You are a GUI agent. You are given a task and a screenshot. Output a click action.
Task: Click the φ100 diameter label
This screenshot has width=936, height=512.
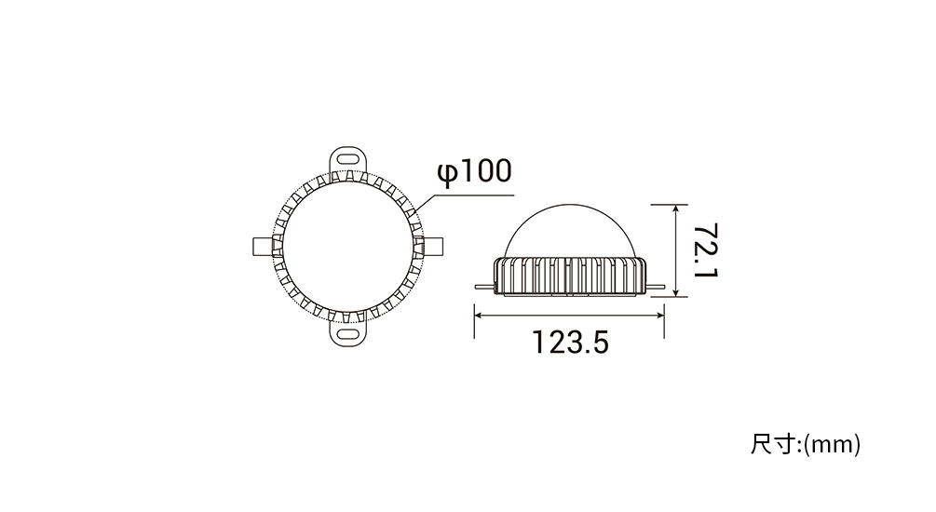pos(475,172)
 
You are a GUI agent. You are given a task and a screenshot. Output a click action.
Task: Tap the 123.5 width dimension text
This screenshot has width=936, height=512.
pos(570,344)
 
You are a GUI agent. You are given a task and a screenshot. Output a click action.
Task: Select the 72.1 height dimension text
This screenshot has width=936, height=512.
pos(706,250)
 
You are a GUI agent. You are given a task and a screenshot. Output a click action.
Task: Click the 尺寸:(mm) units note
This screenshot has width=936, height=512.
pos(806,445)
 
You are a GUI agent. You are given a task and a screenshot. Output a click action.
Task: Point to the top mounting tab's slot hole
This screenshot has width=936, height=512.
pos(347,159)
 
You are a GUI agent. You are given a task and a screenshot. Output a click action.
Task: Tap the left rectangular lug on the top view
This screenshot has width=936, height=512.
pos(264,246)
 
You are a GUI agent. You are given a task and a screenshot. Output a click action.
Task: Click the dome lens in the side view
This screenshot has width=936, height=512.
pos(569,231)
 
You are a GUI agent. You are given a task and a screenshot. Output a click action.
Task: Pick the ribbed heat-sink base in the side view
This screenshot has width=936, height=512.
pos(569,276)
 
